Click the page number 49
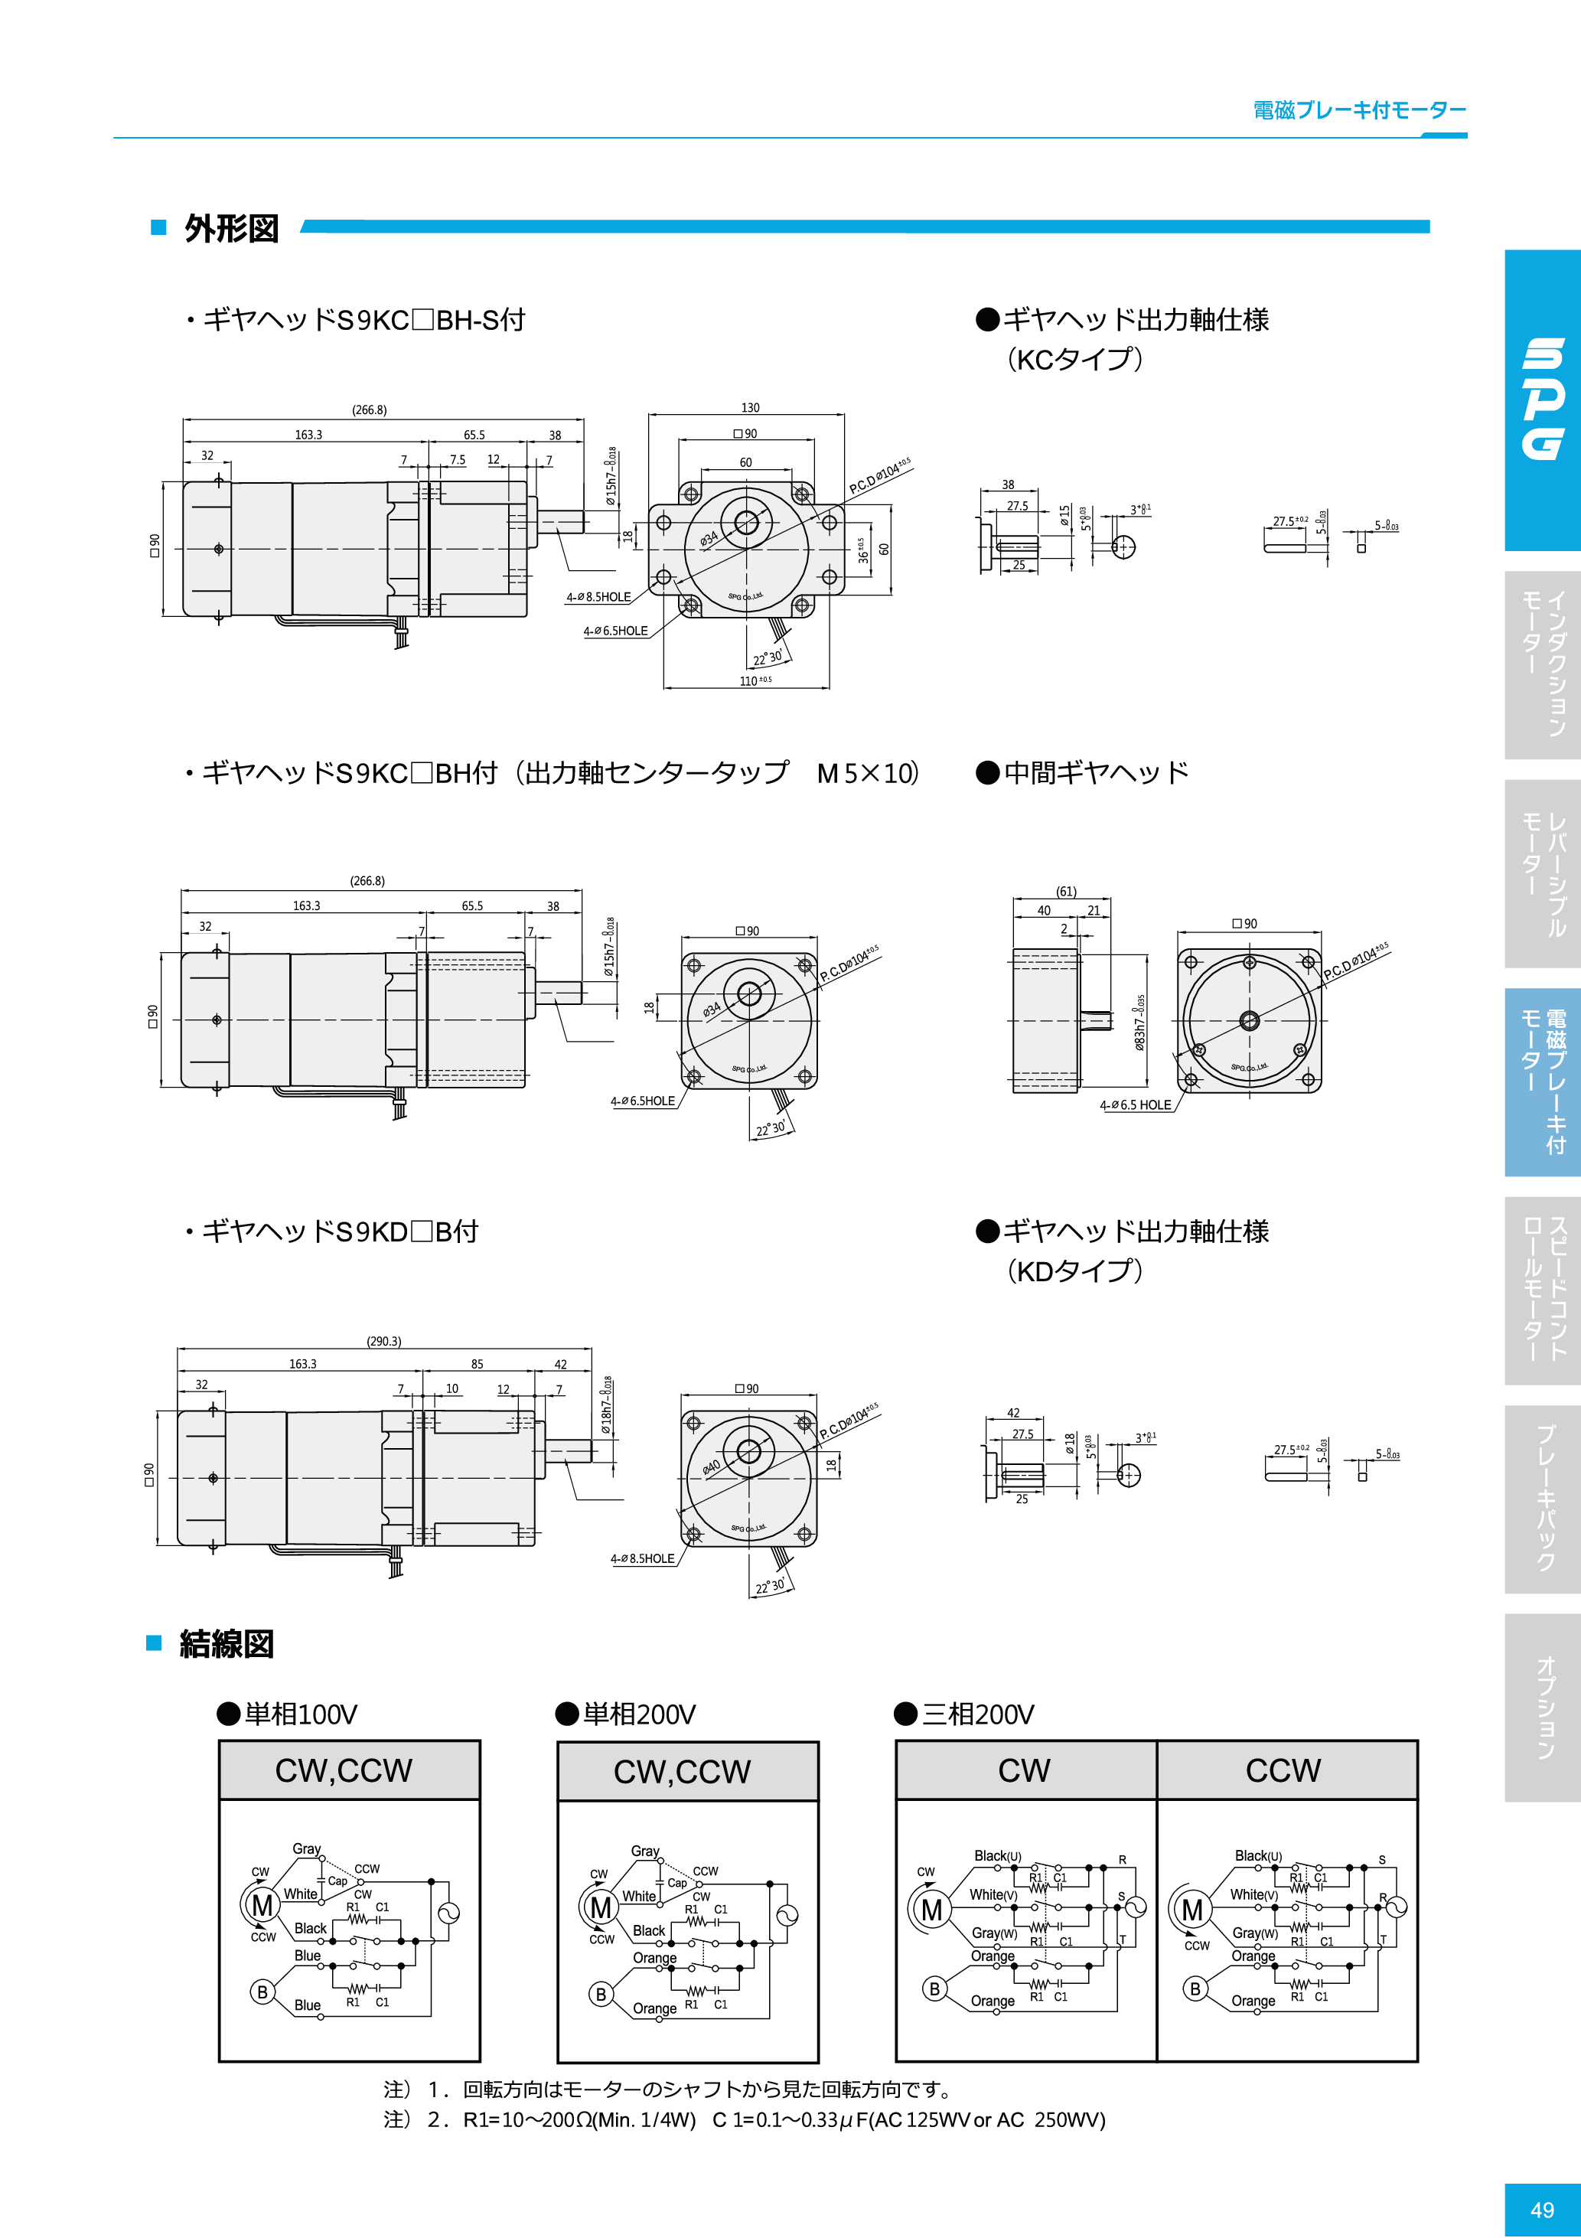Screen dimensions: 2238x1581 coord(1542,2210)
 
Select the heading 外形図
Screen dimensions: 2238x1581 coord(232,229)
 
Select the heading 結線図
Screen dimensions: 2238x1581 coord(227,1643)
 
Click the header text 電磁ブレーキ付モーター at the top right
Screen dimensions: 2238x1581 coord(1359,110)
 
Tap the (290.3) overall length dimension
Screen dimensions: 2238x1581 coord(383,1341)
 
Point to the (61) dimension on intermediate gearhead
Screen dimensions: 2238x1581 coord(1066,891)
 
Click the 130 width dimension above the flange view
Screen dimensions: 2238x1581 coord(750,407)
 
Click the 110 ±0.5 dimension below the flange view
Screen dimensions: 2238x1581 coord(755,680)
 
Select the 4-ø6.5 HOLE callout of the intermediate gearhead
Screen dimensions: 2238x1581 coord(1136,1105)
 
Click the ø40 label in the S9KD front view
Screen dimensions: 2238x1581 coord(711,1467)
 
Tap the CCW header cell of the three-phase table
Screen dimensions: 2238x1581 coord(1284,1770)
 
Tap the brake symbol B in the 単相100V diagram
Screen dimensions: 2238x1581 coord(261,1992)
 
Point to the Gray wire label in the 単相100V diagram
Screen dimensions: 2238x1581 coord(306,1848)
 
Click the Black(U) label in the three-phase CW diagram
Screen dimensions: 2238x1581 coord(997,1856)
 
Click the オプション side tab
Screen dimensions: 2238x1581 coord(1544,1708)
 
